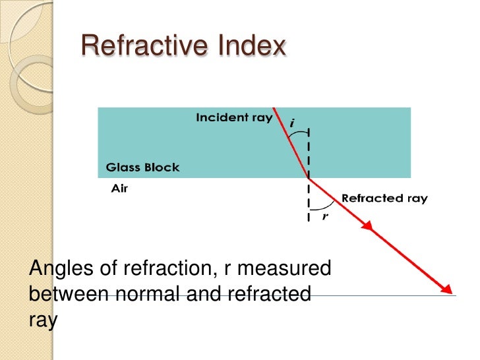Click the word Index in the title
[253, 46]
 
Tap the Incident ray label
[234, 118]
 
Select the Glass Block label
[142, 167]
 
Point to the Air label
[119, 187]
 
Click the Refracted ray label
[384, 198]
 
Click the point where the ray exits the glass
[308, 177]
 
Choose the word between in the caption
[69, 294]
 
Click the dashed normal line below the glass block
[308, 201]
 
